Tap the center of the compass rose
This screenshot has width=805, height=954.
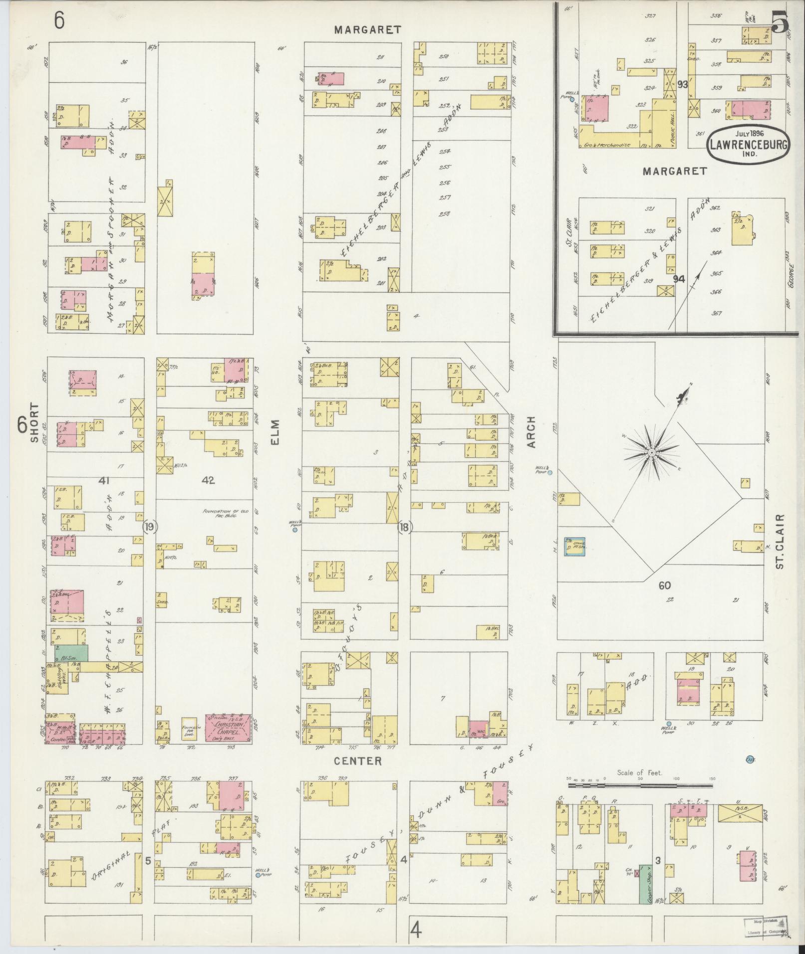[x=651, y=452]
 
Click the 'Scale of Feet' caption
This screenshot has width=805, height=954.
[x=639, y=787]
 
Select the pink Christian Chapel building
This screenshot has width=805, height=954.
[x=228, y=728]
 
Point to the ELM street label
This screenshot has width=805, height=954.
[x=275, y=432]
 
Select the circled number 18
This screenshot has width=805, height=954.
[x=405, y=527]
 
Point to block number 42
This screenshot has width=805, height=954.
[x=208, y=480]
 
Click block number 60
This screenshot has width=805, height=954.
[x=664, y=585]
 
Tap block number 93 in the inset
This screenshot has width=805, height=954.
[x=682, y=84]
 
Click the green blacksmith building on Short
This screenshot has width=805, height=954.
[x=71, y=653]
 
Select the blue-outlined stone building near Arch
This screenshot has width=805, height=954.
[x=574, y=547]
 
